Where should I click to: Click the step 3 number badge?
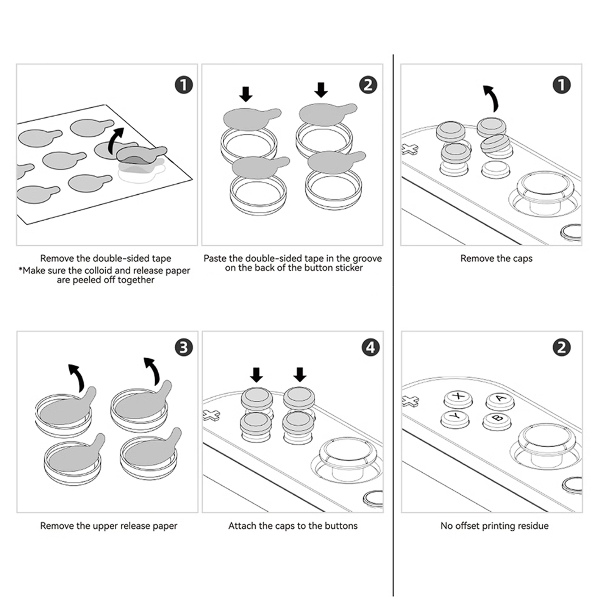point(184,347)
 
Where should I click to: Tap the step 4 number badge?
point(370,347)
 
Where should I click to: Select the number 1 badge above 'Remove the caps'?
point(561,85)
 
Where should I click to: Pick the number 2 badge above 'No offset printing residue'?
point(561,347)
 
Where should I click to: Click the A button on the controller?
point(500,399)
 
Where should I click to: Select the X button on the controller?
point(458,397)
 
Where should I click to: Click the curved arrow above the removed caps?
point(492,98)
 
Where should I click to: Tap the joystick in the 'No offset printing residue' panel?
point(545,442)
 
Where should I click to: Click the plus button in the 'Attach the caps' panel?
point(211,415)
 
